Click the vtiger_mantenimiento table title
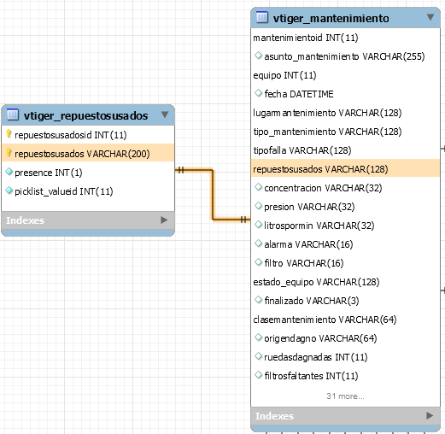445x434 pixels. tap(331, 19)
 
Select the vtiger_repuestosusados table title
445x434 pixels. tap(85, 116)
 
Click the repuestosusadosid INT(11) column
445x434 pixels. tap(71, 135)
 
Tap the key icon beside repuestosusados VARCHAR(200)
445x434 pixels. tap(9, 153)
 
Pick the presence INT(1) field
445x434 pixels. tap(49, 173)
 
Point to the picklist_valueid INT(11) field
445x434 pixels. tap(64, 191)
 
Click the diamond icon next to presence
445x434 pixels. tap(9, 172)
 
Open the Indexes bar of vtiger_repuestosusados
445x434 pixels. tap(88, 220)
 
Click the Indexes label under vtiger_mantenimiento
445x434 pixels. tap(274, 416)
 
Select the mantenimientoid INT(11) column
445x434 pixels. tap(306, 38)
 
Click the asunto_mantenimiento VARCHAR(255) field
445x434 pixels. tap(344, 56)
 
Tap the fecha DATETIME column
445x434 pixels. tap(299, 94)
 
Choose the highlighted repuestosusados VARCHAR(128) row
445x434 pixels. tap(345, 169)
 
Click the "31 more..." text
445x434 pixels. tap(345, 396)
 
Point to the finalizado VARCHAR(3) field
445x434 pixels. tap(312, 301)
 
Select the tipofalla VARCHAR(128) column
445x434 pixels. tap(302, 150)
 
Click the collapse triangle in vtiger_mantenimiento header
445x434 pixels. tap(430, 17)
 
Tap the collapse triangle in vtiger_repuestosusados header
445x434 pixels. tap(165, 114)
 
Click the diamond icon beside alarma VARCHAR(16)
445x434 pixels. tap(258, 243)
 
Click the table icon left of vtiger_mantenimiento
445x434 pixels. tap(262, 17)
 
